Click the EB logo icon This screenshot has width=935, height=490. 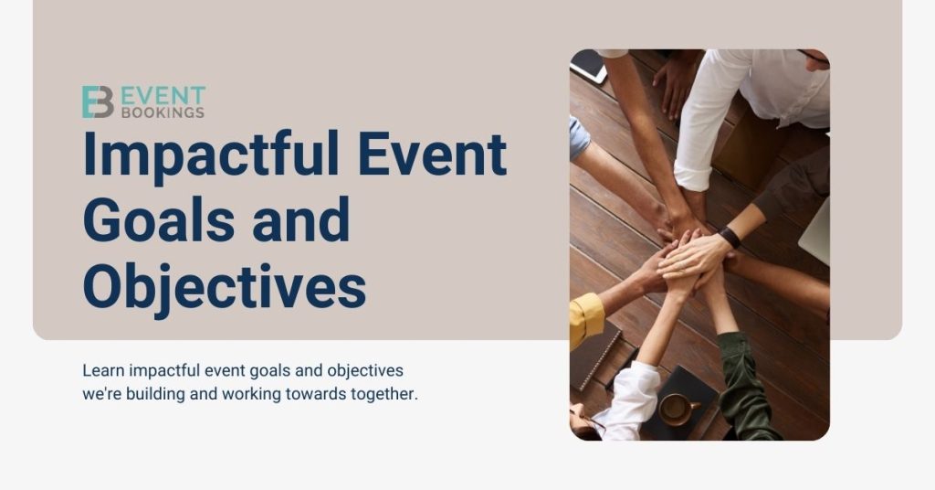coord(98,102)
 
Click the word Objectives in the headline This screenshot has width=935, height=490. coord(224,285)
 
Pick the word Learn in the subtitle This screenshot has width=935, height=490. coord(102,371)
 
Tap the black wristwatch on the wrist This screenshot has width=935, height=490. coord(730,237)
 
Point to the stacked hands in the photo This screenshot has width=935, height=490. coord(689,261)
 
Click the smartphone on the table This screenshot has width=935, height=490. coord(588,66)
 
